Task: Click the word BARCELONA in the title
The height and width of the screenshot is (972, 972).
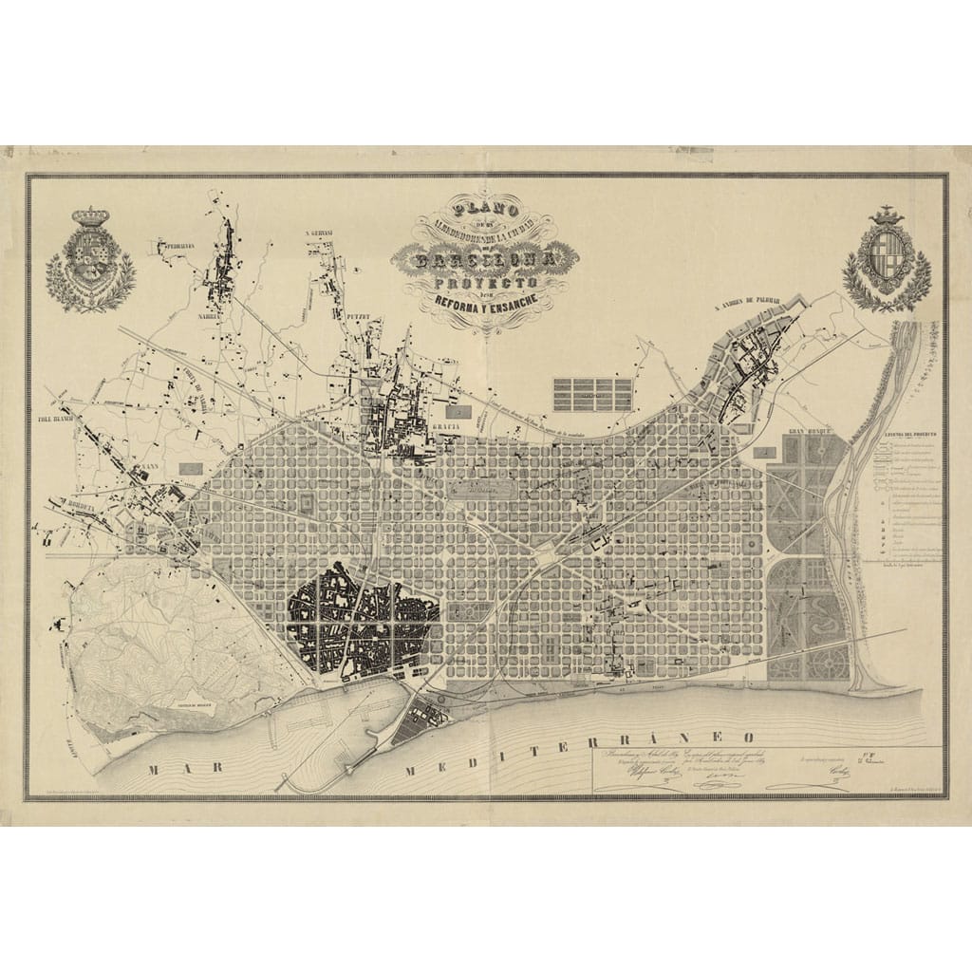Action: (x=485, y=256)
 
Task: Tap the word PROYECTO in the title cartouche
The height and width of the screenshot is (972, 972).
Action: (x=486, y=283)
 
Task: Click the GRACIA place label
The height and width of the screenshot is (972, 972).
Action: (x=447, y=428)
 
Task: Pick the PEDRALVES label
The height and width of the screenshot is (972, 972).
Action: (x=176, y=245)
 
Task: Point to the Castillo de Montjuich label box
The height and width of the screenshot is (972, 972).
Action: (x=196, y=707)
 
